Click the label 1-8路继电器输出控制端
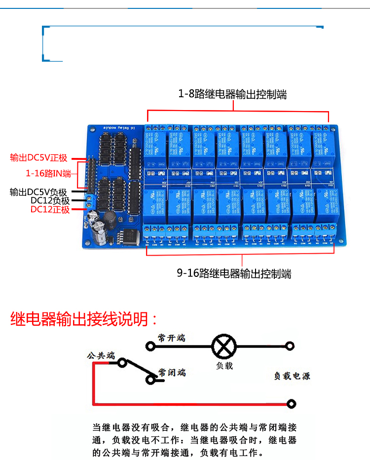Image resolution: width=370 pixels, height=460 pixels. click(232, 94)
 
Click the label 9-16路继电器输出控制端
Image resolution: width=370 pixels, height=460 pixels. click(234, 273)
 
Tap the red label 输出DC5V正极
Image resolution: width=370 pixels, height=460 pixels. click(38, 158)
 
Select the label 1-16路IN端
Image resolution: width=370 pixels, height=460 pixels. click(48, 173)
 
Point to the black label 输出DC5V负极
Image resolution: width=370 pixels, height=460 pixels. click(40, 192)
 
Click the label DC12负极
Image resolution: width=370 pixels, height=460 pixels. click(50, 200)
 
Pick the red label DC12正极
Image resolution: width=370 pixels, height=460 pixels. click(50, 209)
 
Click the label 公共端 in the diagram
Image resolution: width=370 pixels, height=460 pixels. click(101, 355)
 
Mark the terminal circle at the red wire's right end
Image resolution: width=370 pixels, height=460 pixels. click(292, 404)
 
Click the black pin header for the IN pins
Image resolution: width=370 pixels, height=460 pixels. click(91, 175)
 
